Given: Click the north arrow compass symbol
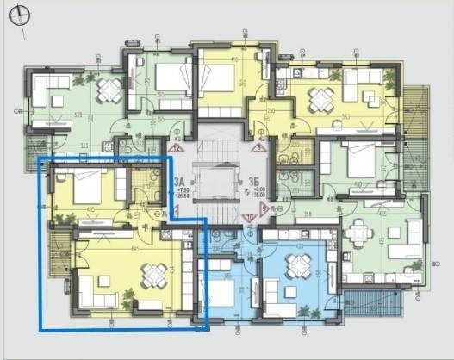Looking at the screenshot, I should point(19,16).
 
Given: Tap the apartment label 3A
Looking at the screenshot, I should point(179,182).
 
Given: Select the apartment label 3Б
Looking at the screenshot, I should point(254,182).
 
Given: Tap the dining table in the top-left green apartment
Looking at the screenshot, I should point(109,89).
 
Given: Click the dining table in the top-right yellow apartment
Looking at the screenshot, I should point(320,95).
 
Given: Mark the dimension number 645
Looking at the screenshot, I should point(112,251).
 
